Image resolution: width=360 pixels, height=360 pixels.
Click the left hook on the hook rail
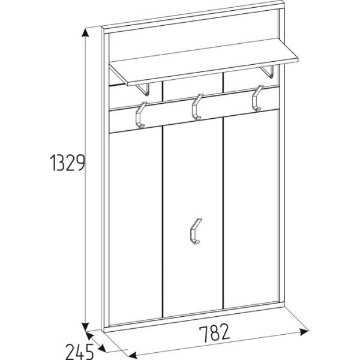[x=140, y=115]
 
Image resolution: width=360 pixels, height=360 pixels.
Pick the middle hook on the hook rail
[x=196, y=107]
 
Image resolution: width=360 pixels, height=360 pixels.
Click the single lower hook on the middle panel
[x=194, y=231]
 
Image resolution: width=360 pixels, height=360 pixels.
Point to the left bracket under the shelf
[x=145, y=88]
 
